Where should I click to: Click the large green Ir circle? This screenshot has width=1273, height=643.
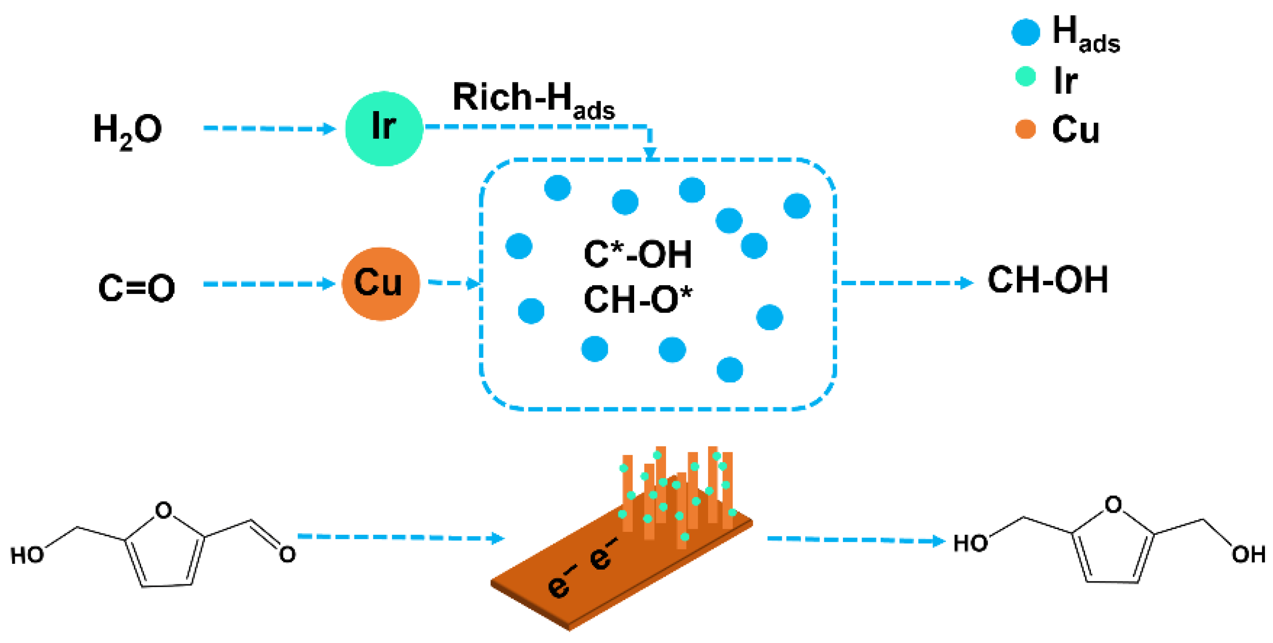pos(384,128)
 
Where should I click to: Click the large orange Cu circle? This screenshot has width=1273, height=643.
pos(380,284)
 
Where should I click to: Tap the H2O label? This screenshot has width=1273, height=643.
pos(127,131)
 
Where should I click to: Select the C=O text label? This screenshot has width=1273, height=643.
pos(136,288)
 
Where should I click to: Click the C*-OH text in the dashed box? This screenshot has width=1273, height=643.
pos(637,255)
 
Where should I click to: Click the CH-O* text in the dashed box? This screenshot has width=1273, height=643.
pos(637,300)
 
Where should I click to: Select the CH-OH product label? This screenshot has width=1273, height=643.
pos(1047,280)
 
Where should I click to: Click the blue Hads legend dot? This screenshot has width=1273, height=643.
pos(1026,32)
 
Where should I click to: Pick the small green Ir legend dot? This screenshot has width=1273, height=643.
pos(1026,77)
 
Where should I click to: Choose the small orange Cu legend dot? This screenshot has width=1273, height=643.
pos(1026,129)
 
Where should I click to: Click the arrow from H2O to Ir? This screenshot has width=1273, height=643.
pos(269,128)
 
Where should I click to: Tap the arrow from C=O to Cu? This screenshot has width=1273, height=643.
pos(269,284)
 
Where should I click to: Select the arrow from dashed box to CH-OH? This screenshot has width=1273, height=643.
pos(907,283)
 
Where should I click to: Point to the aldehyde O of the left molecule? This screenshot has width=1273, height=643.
pos(287,554)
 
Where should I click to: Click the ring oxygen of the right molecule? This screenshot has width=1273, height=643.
pos(1113,505)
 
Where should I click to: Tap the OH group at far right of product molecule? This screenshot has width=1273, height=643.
pos(1248,554)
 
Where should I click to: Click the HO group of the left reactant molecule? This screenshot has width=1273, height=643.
pos(27,556)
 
